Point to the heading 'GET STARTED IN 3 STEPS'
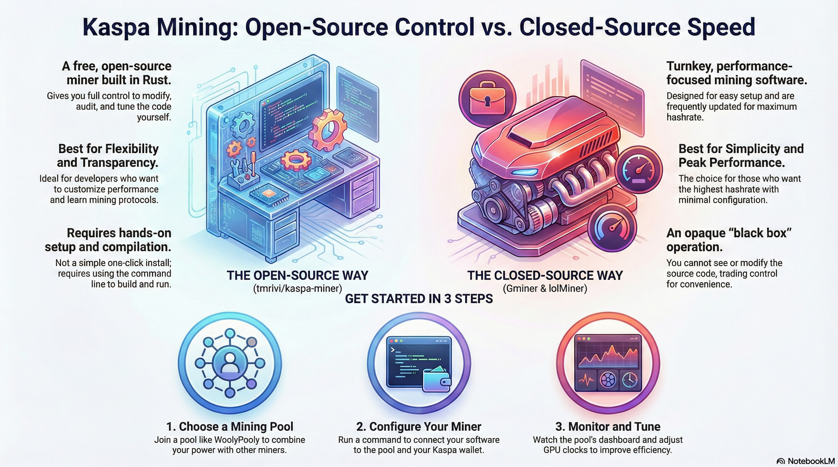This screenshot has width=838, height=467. [419, 299]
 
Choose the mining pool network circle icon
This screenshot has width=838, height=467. [229, 363]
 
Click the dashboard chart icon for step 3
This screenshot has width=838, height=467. [608, 363]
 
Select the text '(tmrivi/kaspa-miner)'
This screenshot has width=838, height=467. [297, 288]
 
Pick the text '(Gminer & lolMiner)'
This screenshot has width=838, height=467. [545, 288]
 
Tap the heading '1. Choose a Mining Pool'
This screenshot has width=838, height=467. [230, 426]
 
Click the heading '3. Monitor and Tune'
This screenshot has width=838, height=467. [608, 426]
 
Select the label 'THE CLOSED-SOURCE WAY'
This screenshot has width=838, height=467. [545, 275]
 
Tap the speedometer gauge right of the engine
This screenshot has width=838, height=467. [639, 169]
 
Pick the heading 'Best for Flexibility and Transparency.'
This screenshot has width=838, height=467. [108, 156]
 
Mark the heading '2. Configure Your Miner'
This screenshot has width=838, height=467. [419, 426]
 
